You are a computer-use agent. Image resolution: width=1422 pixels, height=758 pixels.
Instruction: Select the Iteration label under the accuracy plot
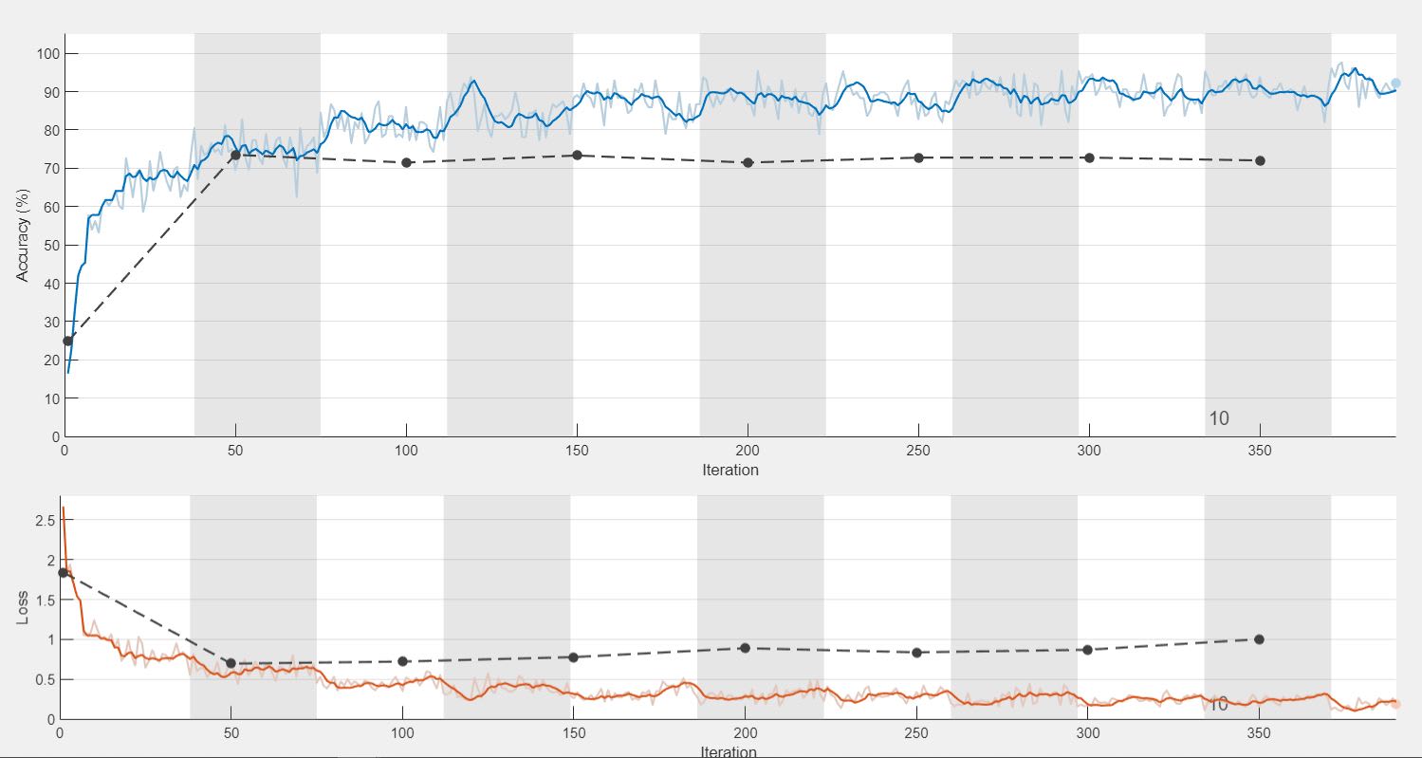(729, 470)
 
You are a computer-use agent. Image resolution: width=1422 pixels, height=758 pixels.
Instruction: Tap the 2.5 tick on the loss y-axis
(43, 520)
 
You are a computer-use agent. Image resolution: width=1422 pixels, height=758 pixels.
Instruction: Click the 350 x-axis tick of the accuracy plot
(1260, 451)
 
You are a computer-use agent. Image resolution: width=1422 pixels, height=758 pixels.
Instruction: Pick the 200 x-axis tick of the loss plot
(745, 733)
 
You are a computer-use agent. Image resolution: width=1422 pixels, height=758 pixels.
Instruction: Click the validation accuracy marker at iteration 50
(235, 155)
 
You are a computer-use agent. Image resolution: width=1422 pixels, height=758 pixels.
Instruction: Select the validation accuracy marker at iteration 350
(1260, 160)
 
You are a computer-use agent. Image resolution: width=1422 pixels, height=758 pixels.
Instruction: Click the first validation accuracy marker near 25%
(67, 341)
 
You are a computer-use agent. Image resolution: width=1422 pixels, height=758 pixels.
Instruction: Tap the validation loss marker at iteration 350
(1259, 639)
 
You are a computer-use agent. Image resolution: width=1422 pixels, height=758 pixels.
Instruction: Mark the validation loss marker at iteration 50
(231, 663)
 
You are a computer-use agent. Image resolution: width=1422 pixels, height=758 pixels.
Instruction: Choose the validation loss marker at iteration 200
(745, 648)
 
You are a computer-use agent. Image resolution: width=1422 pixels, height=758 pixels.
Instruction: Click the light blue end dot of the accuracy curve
(1395, 83)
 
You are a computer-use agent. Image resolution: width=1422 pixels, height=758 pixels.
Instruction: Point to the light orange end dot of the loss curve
(1395, 704)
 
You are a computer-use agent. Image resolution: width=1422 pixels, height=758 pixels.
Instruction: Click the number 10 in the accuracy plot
(1219, 418)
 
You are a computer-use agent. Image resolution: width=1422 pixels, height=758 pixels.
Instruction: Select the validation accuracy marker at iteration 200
(748, 162)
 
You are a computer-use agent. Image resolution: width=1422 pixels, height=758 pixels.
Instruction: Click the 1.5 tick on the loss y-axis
(43, 600)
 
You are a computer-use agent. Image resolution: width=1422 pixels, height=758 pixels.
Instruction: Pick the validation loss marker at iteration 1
(63, 572)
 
